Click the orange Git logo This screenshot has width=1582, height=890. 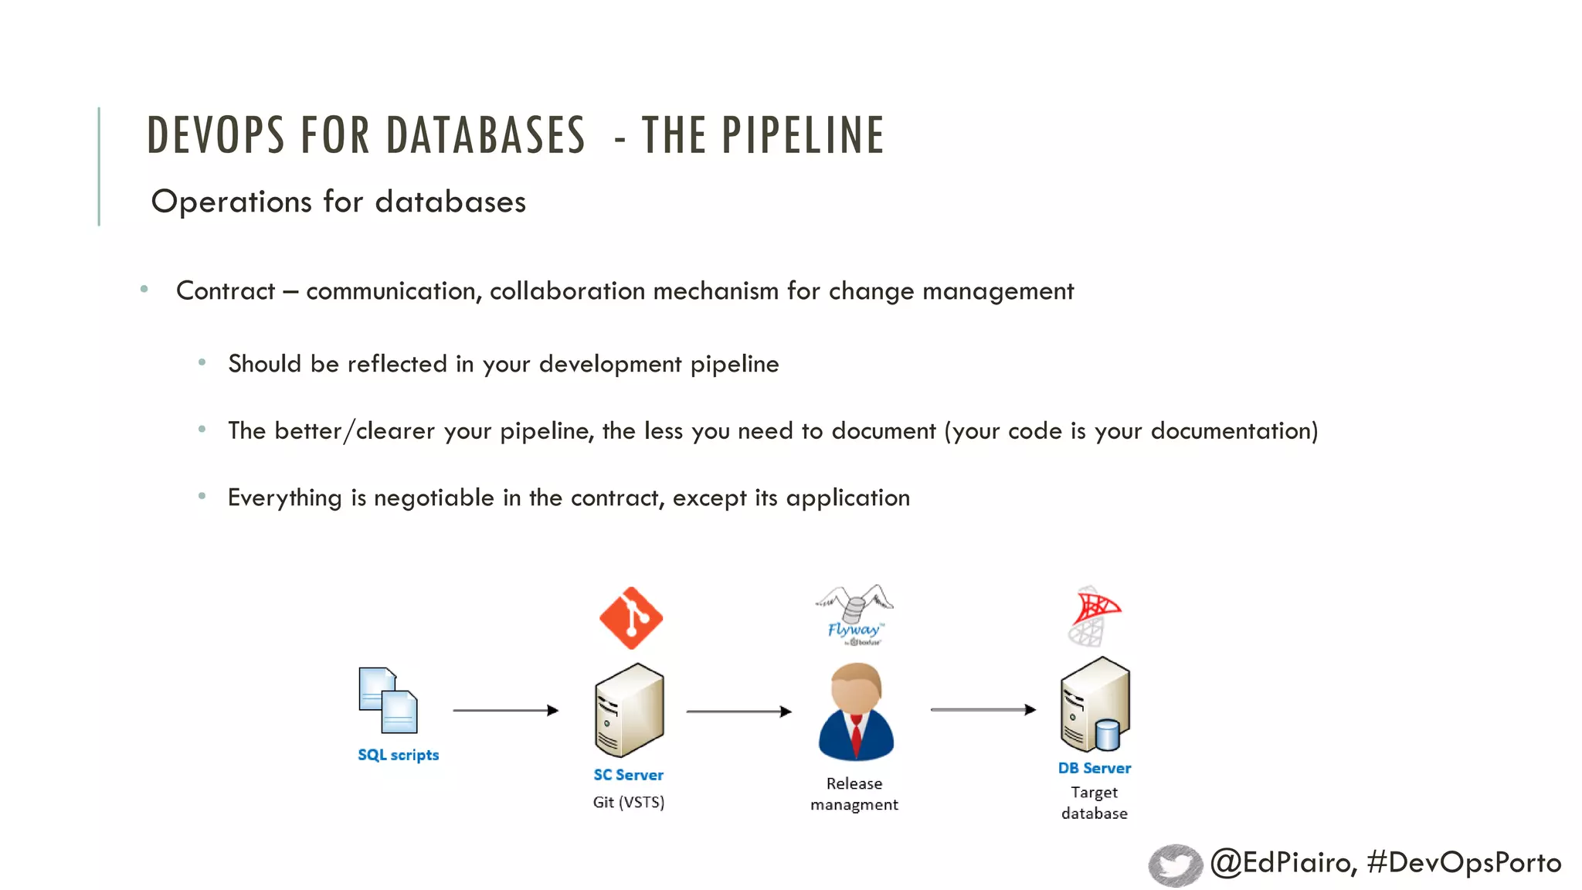click(x=631, y=618)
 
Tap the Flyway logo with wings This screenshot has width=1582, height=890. click(x=854, y=614)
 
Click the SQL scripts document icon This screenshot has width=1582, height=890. click(x=388, y=700)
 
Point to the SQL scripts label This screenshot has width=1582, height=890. click(x=398, y=755)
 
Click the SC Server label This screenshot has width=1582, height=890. click(x=628, y=775)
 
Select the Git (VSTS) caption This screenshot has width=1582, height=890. click(x=628, y=802)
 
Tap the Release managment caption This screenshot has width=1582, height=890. click(x=854, y=794)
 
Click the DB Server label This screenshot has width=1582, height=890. click(x=1095, y=768)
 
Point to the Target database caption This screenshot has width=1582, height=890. click(x=1095, y=803)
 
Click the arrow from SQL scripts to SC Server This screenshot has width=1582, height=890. click(x=505, y=710)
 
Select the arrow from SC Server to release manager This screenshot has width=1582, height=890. click(x=738, y=712)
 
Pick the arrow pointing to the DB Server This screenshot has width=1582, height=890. click(x=983, y=709)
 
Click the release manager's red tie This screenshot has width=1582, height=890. click(x=856, y=736)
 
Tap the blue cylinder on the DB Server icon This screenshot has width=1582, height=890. click(x=1108, y=735)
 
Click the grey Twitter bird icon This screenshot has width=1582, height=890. click(x=1175, y=865)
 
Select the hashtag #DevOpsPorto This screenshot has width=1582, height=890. click(x=1464, y=862)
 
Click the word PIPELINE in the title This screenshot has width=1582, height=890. click(x=803, y=135)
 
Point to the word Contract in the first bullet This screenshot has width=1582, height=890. click(x=226, y=291)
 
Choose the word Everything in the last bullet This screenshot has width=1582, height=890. click(x=284, y=498)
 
